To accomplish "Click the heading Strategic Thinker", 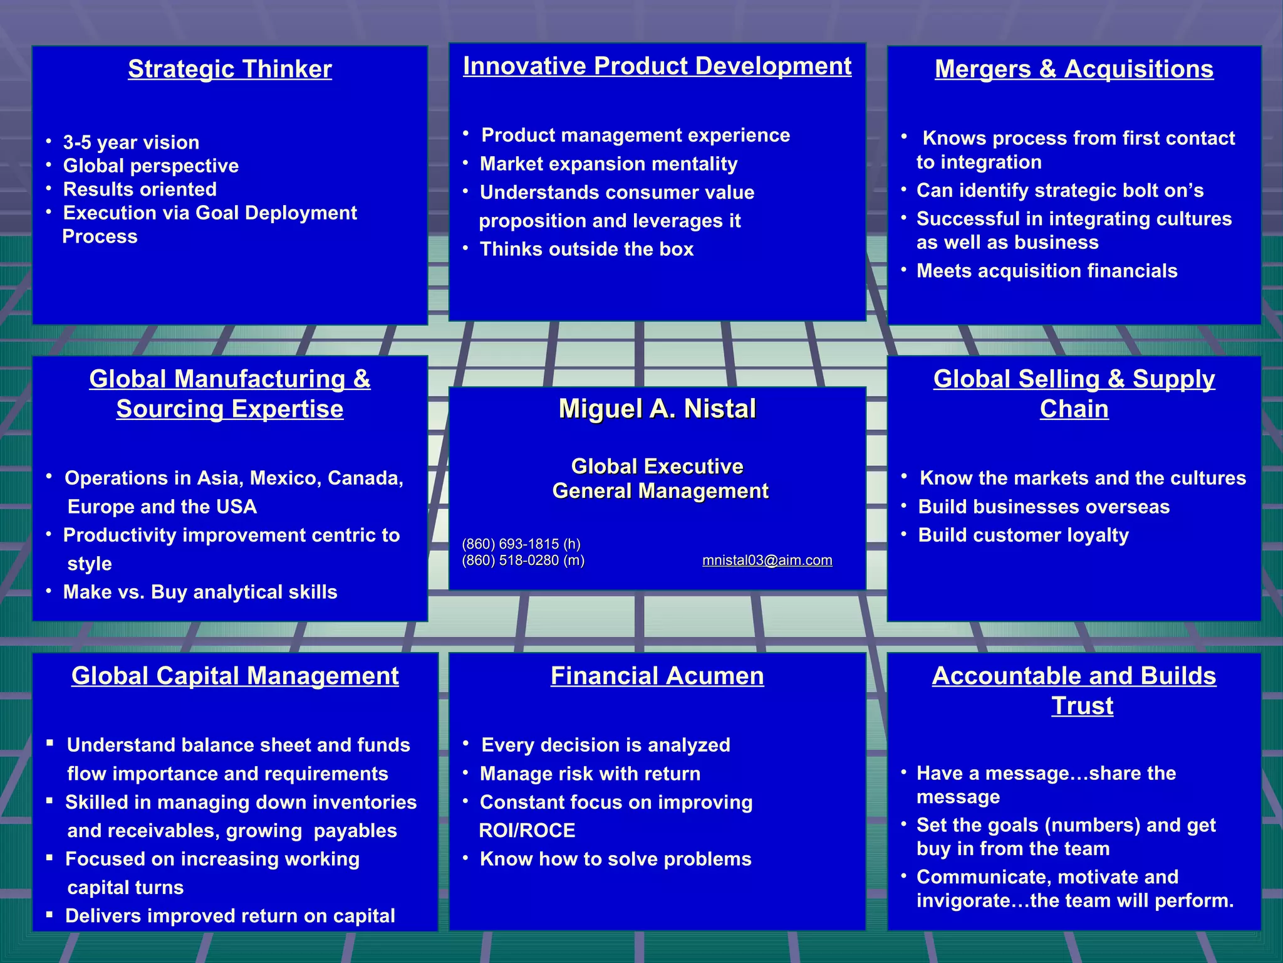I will (230, 69).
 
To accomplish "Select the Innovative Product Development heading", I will (657, 66).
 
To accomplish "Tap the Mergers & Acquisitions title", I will (1074, 69).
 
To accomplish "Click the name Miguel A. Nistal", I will (657, 409).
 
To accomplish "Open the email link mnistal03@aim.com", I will (767, 560).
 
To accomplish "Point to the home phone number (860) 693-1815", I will (521, 544).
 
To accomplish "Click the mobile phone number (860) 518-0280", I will (523, 560).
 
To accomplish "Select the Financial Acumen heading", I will (657, 676).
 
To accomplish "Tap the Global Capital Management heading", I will (235, 676).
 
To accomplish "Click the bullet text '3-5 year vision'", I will (131, 142).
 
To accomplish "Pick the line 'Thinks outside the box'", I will (586, 250).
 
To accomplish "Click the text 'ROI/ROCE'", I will (527, 831).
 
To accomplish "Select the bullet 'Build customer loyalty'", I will (1023, 535).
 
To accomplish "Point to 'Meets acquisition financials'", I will (1047, 271).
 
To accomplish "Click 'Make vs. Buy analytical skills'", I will (200, 592).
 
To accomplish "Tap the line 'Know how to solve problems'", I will (615, 859).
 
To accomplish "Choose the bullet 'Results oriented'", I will (140, 189).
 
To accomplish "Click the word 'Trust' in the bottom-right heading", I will (1082, 706).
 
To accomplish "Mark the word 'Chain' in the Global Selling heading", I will (1074, 409).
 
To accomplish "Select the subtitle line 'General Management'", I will (660, 491).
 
